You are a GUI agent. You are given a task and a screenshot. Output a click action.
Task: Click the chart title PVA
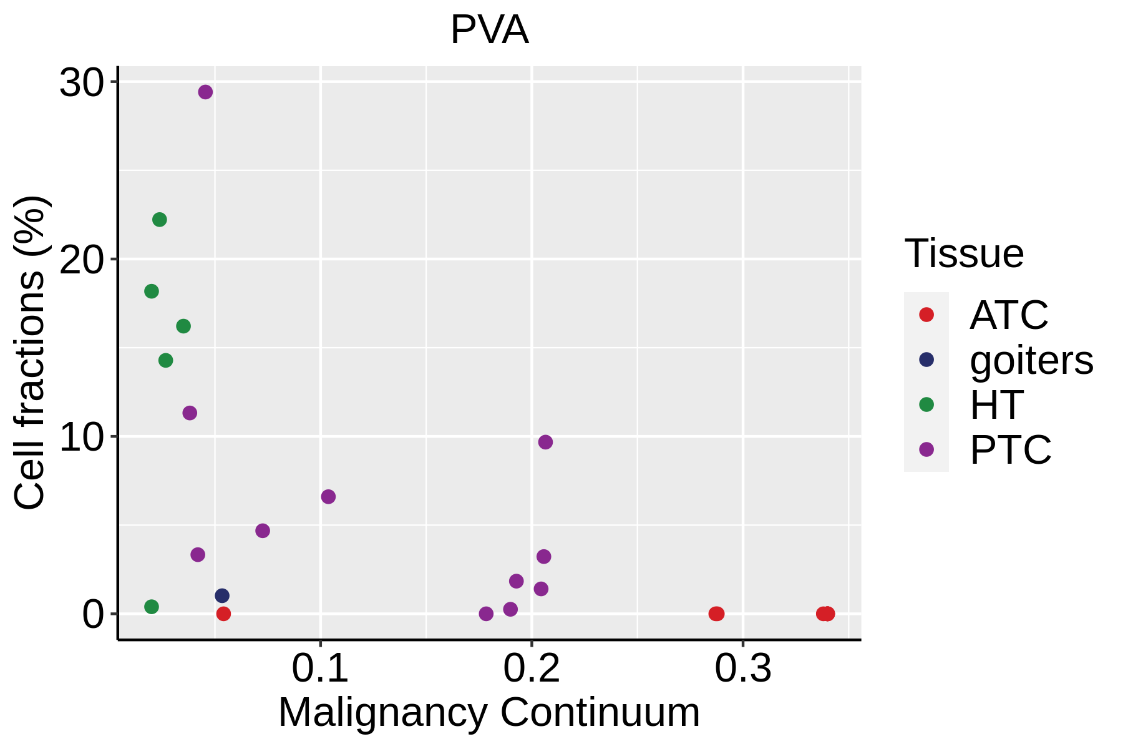(x=489, y=30)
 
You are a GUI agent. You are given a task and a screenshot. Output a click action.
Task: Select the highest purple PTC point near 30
(x=205, y=92)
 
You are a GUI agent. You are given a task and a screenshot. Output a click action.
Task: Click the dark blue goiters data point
(x=222, y=595)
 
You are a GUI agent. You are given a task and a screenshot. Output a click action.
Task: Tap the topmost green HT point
(x=160, y=220)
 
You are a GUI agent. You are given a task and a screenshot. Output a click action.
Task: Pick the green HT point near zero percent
(x=152, y=607)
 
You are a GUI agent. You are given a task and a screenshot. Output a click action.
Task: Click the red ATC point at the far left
(x=223, y=614)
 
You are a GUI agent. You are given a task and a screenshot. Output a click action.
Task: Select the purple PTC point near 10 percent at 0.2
(x=545, y=442)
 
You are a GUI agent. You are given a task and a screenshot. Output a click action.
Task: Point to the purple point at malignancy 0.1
(x=328, y=497)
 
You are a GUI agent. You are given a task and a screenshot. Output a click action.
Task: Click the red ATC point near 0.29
(x=716, y=614)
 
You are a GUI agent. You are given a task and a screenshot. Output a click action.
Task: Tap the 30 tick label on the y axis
(x=80, y=83)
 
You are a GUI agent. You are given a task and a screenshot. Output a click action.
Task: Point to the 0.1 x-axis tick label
(x=320, y=668)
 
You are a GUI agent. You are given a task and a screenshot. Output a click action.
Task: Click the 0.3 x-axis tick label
(x=742, y=668)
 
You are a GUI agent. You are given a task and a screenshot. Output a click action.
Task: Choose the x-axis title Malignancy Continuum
(x=489, y=712)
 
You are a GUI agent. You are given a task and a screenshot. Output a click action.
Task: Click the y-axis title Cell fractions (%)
(x=30, y=353)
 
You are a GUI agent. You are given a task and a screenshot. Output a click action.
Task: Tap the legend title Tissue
(x=964, y=253)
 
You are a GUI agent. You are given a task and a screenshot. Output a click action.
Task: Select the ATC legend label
(x=1009, y=315)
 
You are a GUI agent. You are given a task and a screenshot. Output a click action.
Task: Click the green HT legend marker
(x=926, y=404)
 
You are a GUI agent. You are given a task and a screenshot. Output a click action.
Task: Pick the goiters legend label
(x=1031, y=360)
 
